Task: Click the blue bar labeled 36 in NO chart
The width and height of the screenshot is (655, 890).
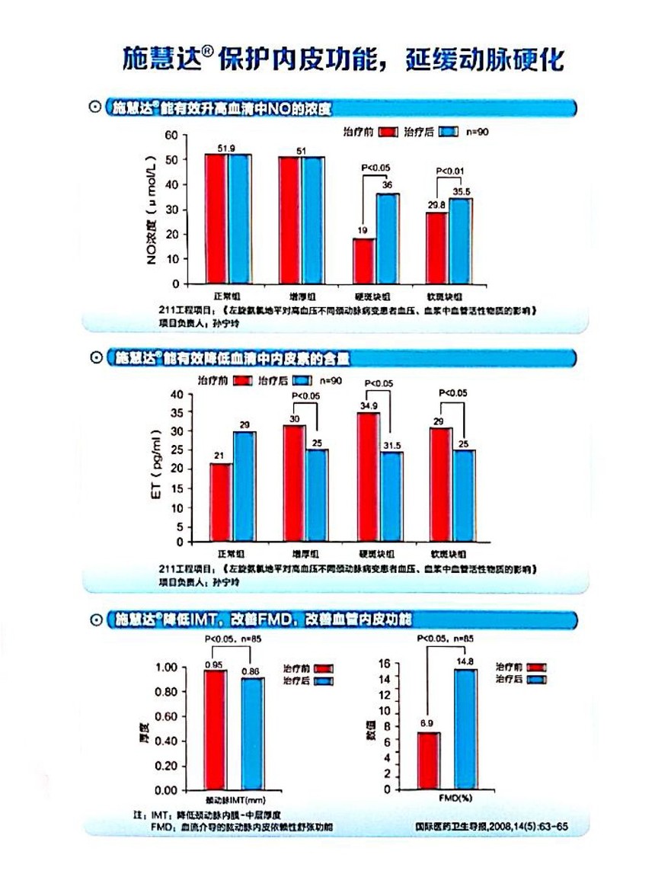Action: [387, 238]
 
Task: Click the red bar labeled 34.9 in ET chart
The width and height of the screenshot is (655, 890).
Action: [369, 476]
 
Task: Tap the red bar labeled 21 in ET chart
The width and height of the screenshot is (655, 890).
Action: [221, 502]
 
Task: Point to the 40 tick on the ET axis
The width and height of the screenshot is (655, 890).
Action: [177, 394]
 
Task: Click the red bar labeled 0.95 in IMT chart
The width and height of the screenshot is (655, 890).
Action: [215, 729]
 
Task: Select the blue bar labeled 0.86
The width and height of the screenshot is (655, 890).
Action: [252, 733]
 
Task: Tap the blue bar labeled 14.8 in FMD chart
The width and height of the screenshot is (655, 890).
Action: [465, 728]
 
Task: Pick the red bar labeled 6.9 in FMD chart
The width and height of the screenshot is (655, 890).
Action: [429, 760]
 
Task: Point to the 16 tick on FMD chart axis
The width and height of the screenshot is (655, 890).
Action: [385, 664]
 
